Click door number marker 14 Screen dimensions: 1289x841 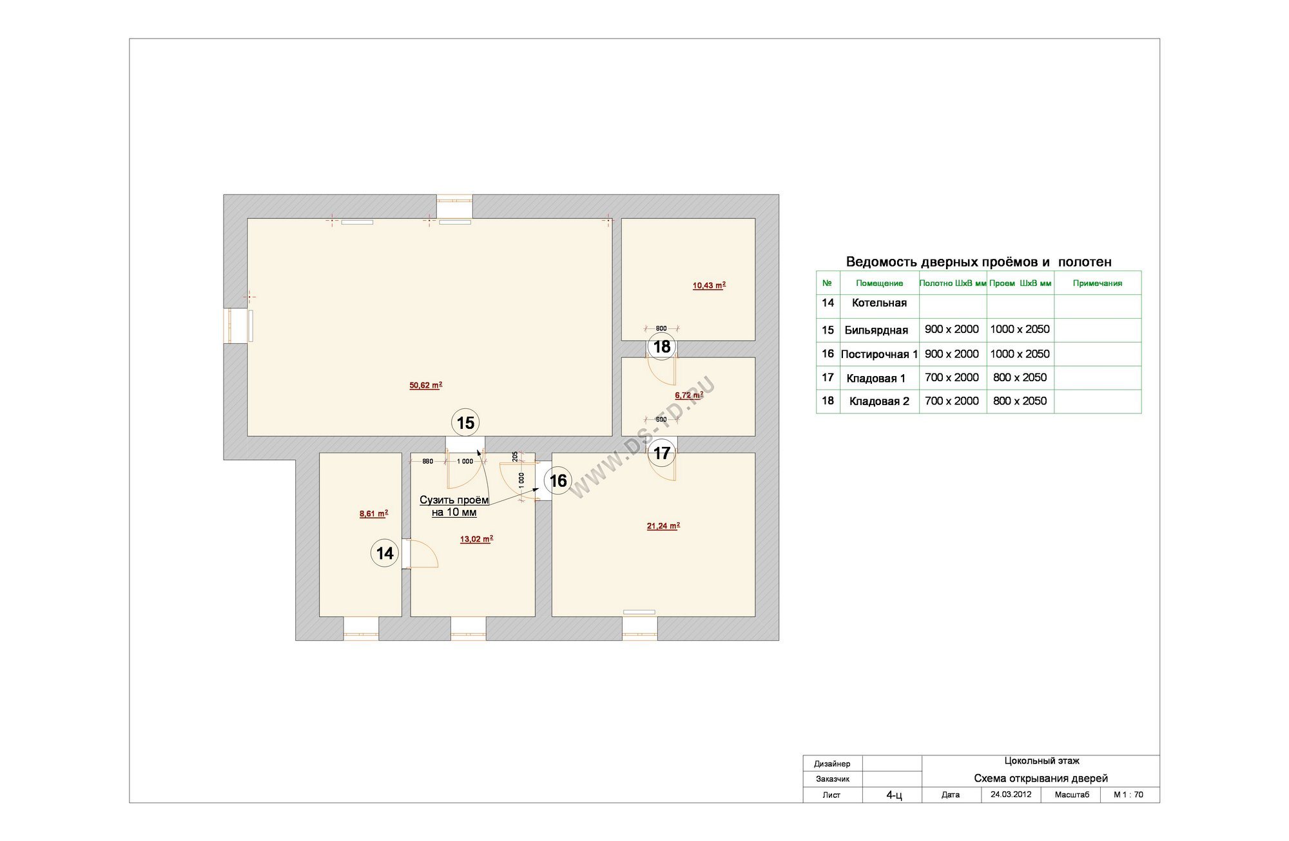tap(385, 553)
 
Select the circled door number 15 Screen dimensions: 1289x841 tap(465, 423)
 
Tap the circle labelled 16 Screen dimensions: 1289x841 tap(557, 480)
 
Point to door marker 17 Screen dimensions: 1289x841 tap(662, 453)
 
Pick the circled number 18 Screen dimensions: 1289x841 tap(662, 347)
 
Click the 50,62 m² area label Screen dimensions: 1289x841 tap(425, 386)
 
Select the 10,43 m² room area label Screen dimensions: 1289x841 tap(709, 285)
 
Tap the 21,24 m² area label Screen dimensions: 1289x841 tap(663, 526)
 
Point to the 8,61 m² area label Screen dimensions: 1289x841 tap(374, 514)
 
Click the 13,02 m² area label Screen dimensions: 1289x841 tap(476, 539)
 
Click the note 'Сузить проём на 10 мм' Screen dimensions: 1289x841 tap(454, 506)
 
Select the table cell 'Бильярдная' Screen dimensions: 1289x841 tap(877, 330)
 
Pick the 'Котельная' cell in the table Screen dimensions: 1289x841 tap(879, 303)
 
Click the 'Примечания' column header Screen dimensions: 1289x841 tap(1098, 283)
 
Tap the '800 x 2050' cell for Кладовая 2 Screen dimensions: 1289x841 tap(1020, 401)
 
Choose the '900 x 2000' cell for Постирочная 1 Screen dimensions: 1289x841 tap(951, 354)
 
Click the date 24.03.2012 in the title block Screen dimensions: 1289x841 tap(1011, 794)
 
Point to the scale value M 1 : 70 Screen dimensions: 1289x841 tap(1129, 795)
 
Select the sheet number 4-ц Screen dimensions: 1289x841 tap(894, 795)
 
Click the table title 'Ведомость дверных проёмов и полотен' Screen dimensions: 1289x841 tap(978, 262)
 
